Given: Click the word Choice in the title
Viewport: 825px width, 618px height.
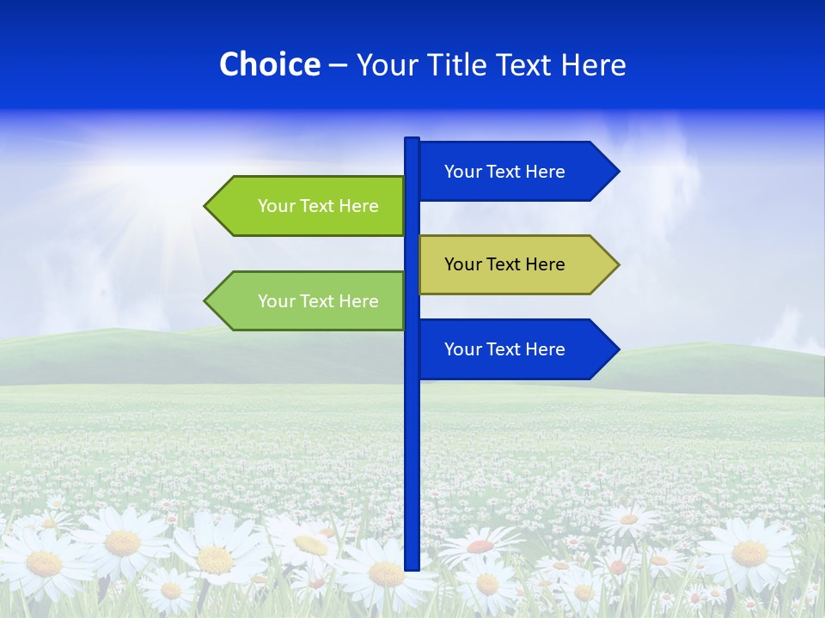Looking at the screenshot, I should click(269, 64).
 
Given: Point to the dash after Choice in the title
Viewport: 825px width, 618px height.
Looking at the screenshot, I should click(338, 65).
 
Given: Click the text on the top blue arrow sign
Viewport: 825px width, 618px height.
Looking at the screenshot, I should click(504, 172).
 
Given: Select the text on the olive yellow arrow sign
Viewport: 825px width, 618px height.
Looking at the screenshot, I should click(504, 264).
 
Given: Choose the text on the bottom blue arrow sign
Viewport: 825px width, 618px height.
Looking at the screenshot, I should click(504, 349).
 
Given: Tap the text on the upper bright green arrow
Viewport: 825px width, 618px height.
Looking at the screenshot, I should click(318, 206).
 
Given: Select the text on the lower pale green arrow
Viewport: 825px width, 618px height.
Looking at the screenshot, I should click(318, 301).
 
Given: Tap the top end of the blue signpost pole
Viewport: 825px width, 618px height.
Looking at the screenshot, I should click(412, 140).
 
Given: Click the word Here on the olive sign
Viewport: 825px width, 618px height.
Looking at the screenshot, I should click(545, 264).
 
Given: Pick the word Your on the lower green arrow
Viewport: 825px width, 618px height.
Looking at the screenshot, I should click(276, 301).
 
